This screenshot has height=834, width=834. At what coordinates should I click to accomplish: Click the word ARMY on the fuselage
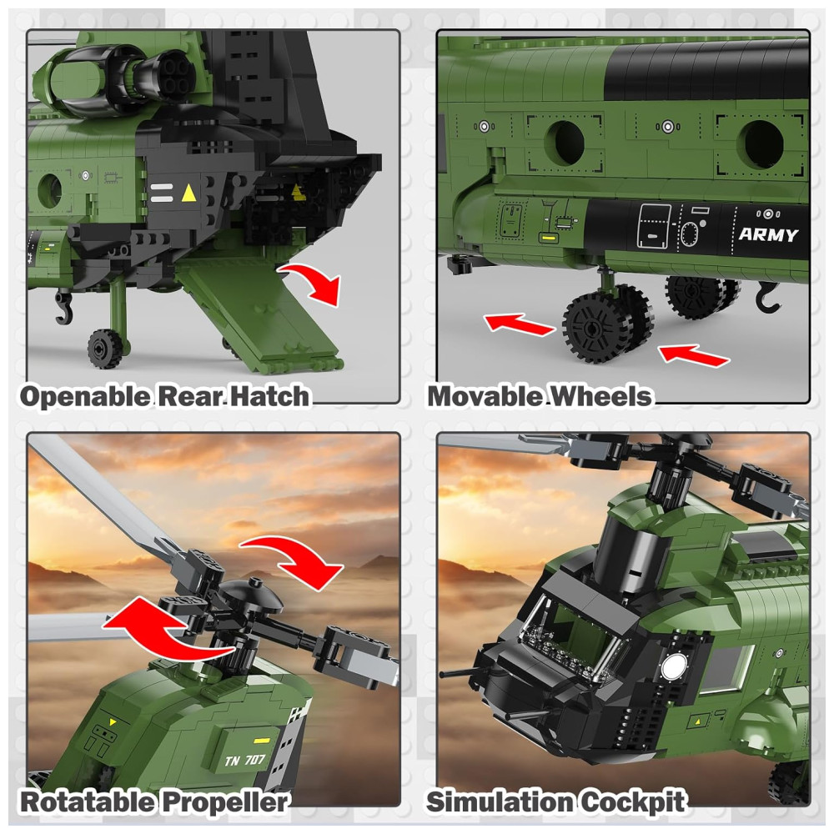click(768, 234)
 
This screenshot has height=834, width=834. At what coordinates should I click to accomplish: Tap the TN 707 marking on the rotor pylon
click(244, 760)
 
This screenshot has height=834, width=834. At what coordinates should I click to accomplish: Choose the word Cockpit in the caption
click(632, 801)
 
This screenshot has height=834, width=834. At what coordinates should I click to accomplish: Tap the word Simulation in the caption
click(500, 801)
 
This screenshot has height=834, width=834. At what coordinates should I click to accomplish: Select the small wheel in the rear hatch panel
click(103, 349)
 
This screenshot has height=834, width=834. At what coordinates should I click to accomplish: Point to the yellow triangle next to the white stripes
click(188, 193)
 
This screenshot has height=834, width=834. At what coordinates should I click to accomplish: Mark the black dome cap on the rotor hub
click(251, 593)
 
